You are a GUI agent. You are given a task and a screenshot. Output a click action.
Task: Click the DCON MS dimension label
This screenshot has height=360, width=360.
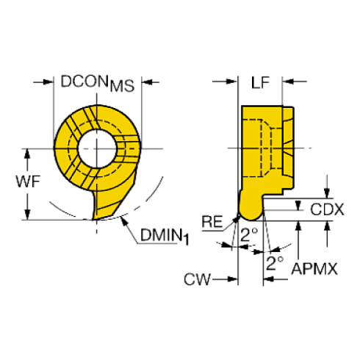coord(98,83)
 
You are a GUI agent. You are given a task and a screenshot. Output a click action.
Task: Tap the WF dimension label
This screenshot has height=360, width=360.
coord(28,181)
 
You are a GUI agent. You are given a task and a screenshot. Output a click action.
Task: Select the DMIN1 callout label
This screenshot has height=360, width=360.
coord(165,236)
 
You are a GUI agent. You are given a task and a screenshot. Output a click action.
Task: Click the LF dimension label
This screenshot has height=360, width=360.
coord(260,82)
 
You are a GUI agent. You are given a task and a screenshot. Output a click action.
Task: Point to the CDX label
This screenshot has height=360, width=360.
coord(327,209)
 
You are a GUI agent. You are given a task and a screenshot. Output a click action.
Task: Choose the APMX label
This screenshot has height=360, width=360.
coord(314,268)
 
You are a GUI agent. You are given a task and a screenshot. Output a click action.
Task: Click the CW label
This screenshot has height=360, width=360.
coord(197,279)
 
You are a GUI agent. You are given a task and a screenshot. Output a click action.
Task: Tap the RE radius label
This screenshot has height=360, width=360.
coord(212,222)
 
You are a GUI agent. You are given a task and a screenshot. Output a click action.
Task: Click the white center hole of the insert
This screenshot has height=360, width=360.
coord(97,148)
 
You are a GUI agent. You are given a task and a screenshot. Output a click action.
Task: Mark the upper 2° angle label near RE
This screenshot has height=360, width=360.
coord(249,234)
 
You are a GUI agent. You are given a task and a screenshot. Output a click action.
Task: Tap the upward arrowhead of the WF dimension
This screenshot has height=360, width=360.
coord(28,154)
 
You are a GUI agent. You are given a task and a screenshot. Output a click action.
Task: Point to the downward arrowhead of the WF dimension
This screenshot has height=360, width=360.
coord(28,215)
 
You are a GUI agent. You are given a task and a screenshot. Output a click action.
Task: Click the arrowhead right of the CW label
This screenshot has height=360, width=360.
coord(233,279)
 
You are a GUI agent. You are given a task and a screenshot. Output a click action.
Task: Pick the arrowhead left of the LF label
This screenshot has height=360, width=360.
coord(232,82)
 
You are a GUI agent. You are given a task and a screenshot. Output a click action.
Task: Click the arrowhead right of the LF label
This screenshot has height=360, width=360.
coord(288,82)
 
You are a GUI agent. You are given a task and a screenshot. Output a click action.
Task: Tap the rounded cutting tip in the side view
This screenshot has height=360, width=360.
coord(251,214)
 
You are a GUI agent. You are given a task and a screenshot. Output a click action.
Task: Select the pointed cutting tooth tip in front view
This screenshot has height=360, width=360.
coord(93,219)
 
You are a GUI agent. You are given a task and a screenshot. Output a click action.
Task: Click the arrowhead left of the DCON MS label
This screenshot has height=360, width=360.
coord(48,82)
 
